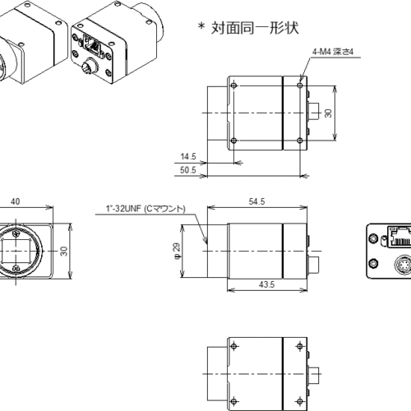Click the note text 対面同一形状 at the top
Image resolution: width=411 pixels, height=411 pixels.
252,26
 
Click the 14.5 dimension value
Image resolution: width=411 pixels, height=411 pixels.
190,155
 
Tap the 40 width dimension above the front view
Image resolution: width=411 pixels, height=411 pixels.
16,201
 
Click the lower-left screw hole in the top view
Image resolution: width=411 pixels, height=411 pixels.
235,141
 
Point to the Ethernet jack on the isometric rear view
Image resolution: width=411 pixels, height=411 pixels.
95,46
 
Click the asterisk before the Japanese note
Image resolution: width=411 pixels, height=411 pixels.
200,27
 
